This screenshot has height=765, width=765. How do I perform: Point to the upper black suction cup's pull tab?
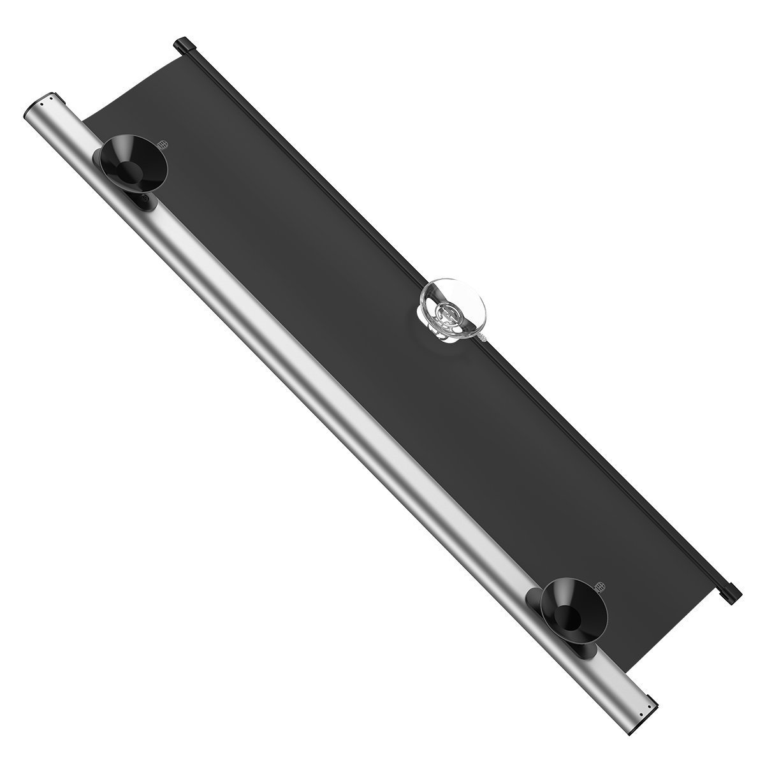(x=165, y=145)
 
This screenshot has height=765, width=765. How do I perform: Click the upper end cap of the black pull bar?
(x=184, y=45)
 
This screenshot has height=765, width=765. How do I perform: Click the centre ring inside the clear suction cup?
(x=447, y=312)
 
